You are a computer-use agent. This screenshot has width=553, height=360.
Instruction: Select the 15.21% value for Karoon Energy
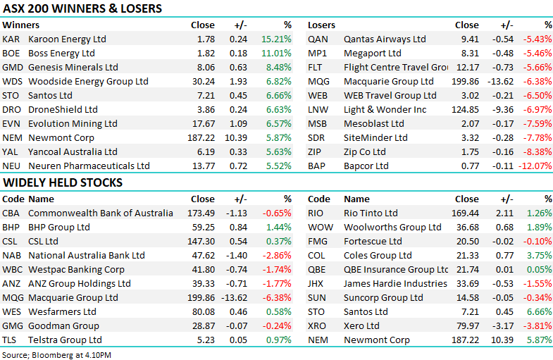pyautogui.click(x=276, y=39)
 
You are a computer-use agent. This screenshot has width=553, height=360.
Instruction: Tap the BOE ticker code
pyautogui.click(x=11, y=53)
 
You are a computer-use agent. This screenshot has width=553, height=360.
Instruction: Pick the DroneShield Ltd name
pyautogui.click(x=63, y=109)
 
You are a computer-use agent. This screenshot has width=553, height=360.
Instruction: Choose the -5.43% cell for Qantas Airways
pyautogui.click(x=537, y=39)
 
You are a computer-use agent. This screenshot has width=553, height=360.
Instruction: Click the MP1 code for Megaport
pyautogui.click(x=317, y=53)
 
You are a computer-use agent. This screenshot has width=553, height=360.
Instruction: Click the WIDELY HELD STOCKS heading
pyautogui.click(x=63, y=183)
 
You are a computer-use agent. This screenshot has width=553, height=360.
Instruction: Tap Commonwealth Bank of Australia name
pyautogui.click(x=100, y=213)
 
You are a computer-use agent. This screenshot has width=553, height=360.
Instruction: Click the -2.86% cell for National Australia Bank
pyautogui.click(x=276, y=255)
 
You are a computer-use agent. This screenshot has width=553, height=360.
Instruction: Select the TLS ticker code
pyautogui.click(x=11, y=340)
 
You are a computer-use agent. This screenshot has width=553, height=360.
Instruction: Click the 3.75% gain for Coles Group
pyautogui.click(x=538, y=255)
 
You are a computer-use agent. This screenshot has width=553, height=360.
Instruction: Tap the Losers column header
pyautogui.click(x=321, y=25)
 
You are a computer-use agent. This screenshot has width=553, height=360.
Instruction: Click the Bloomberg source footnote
pyautogui.click(x=56, y=353)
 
